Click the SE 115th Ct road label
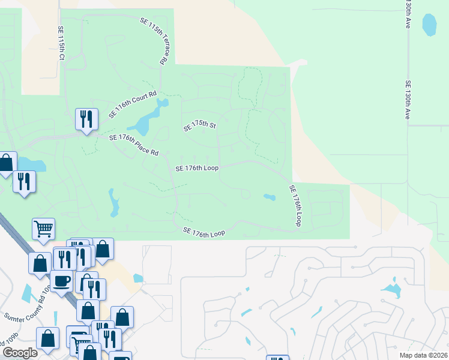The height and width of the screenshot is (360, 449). coord(61,43)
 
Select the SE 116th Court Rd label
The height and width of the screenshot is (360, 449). coord(132,104)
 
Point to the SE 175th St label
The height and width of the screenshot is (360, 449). coord(199,126)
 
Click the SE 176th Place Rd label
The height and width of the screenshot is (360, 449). coord(133,145)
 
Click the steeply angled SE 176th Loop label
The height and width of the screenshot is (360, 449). coord(295,205)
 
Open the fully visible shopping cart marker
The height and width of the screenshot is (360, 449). coord(43,228)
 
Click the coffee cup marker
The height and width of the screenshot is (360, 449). coord(63,280)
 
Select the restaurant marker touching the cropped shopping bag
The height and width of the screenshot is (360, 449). coord(24,181)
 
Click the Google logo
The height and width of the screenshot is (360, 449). coord(20,353)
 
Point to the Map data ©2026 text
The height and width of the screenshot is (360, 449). coord(423,355)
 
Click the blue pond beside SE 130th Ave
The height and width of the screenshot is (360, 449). coord(429,25)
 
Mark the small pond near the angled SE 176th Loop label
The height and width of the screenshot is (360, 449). coord(268,197)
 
